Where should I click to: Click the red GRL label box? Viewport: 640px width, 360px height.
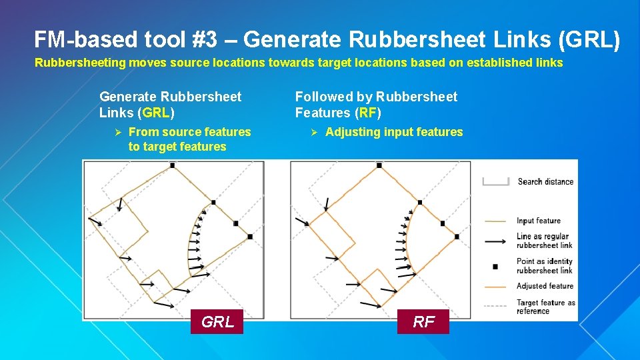click(217, 322)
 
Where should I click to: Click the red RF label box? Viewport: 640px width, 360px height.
click(423, 322)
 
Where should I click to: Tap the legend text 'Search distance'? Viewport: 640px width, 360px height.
click(545, 181)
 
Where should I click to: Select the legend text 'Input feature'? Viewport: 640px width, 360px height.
click(539, 221)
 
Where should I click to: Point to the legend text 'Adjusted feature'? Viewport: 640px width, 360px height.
click(545, 286)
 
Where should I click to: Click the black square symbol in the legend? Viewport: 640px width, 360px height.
click(495, 266)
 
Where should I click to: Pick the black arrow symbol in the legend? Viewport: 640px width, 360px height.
click(495, 241)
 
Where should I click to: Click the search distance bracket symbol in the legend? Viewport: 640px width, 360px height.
click(495, 181)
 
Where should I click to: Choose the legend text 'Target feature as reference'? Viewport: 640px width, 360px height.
click(545, 307)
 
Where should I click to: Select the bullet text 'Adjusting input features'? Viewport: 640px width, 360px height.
click(393, 132)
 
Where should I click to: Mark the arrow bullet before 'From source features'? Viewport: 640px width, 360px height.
click(116, 132)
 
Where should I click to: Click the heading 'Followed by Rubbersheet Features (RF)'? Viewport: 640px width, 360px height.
click(376, 105)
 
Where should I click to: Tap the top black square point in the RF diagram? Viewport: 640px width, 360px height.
click(379, 165)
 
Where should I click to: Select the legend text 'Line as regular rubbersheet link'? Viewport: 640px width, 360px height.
click(544, 241)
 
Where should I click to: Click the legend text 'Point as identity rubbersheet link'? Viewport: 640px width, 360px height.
click(544, 266)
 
